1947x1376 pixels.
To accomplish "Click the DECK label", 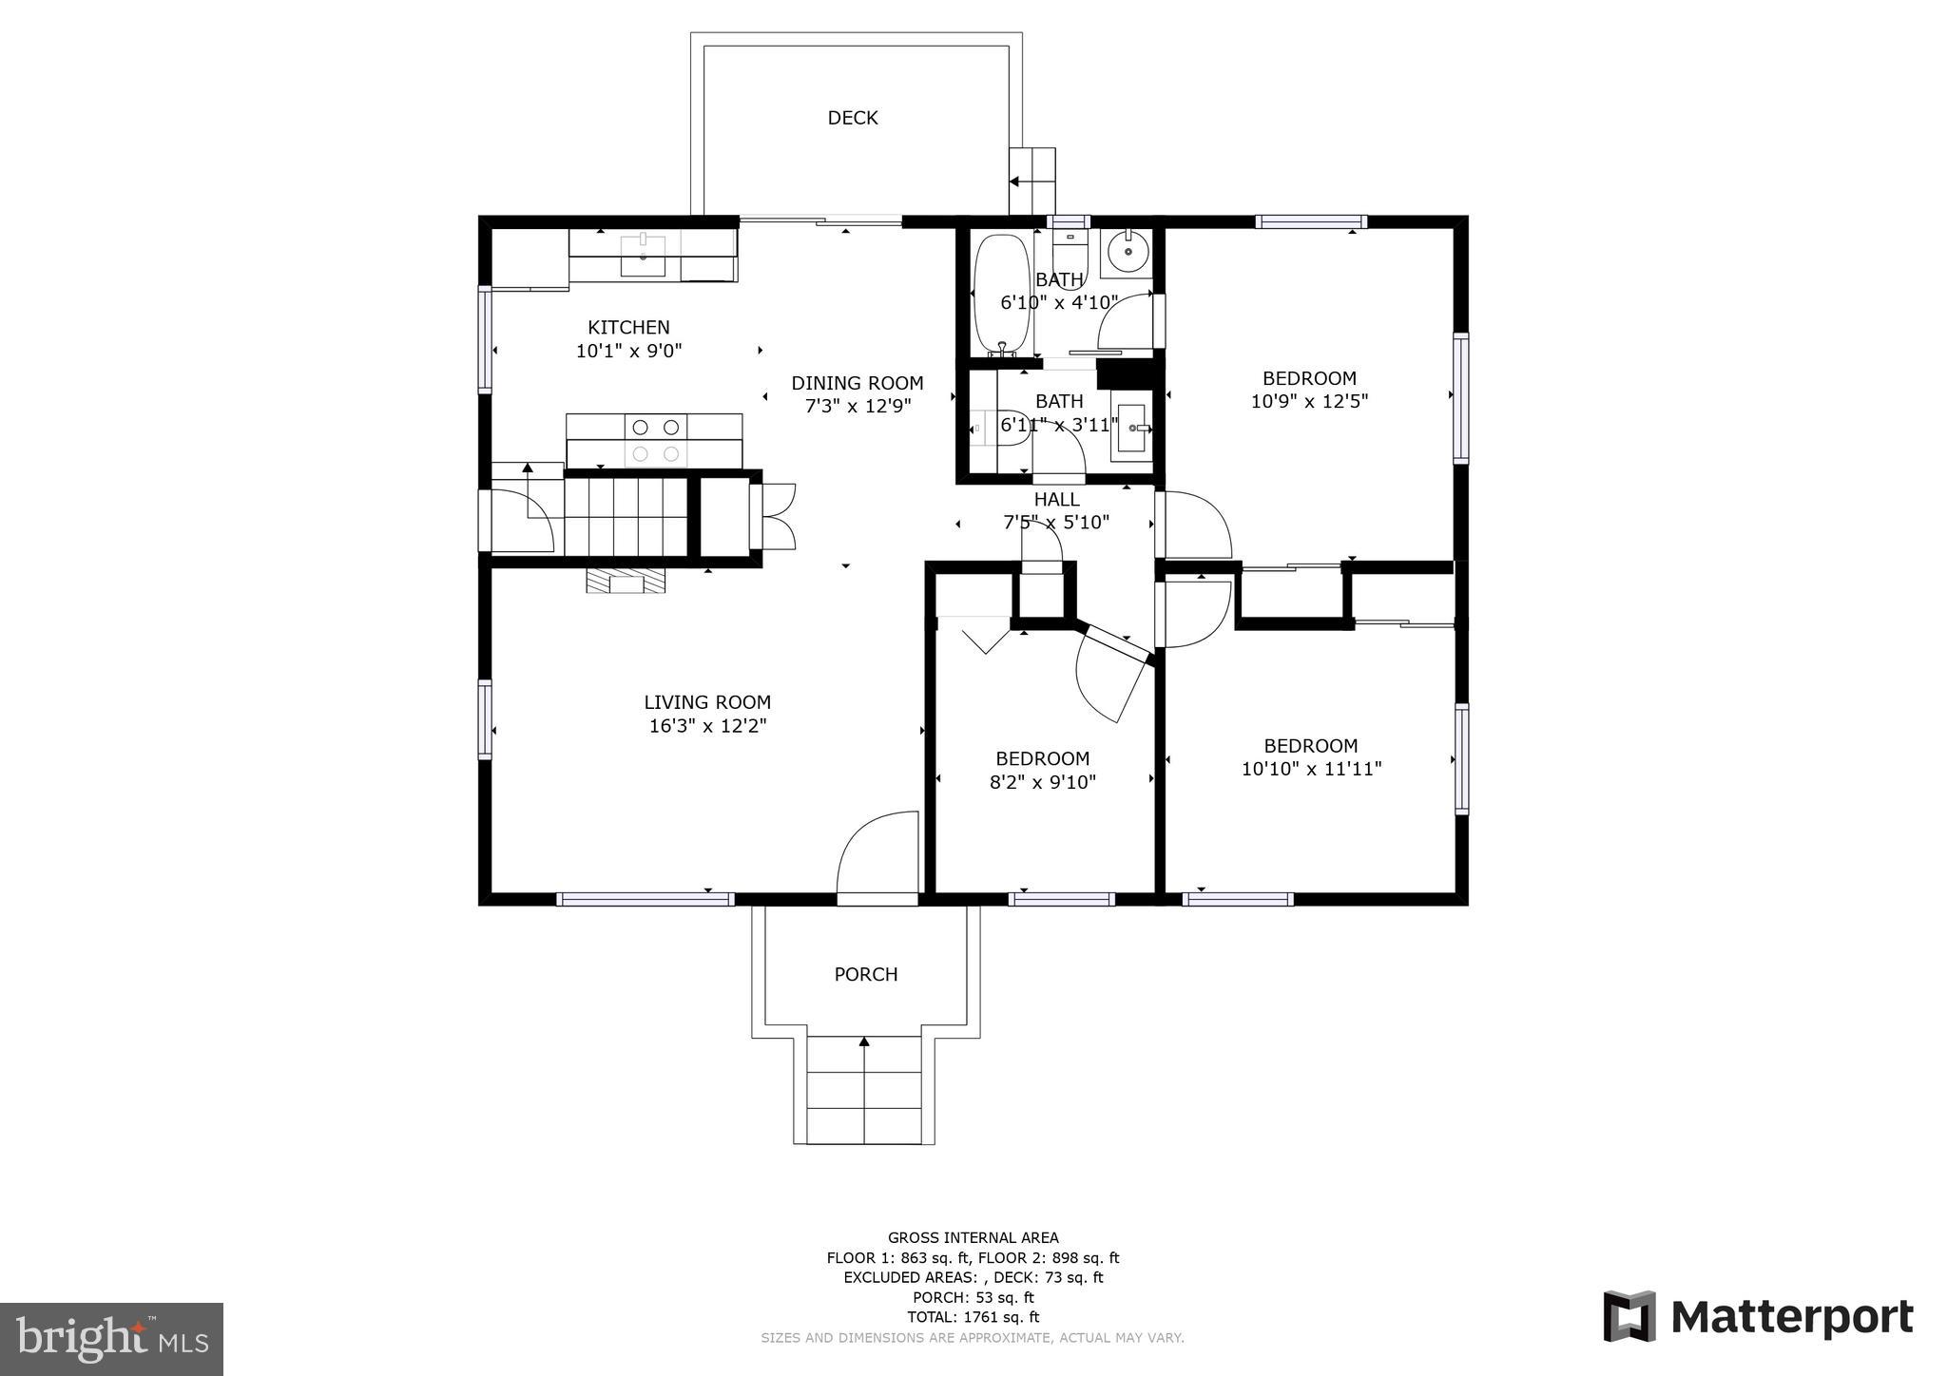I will (852, 118).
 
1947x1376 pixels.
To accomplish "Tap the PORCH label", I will (865, 974).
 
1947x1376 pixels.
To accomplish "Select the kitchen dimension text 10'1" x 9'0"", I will (628, 351).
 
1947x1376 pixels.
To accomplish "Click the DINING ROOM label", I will (857, 383).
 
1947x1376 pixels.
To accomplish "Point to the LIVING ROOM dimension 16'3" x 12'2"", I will (707, 726).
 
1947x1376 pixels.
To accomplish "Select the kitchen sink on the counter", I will (644, 256).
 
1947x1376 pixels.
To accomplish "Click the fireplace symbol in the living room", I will (626, 581).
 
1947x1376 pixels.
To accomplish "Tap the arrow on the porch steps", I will (864, 1043).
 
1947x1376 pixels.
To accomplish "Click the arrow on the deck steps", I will (1015, 182).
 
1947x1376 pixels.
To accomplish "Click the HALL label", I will (1056, 500).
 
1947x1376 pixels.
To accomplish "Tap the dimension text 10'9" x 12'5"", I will (1308, 401).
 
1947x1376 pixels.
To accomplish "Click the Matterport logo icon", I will (1629, 1316).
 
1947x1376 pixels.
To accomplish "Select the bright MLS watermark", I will (111, 1339).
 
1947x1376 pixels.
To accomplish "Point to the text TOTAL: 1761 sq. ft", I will (973, 1317).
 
